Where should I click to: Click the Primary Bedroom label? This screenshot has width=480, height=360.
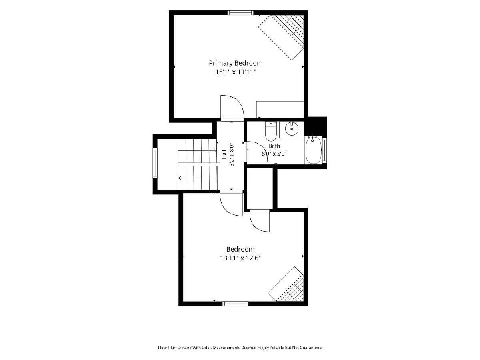point(236,63)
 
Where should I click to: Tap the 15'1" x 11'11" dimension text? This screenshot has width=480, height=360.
point(236,72)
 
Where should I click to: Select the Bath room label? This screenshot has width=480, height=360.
point(274,146)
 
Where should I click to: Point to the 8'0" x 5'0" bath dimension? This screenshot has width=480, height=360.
point(274,154)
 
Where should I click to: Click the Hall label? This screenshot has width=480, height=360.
point(224,154)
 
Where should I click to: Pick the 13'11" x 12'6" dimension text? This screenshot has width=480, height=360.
point(240,258)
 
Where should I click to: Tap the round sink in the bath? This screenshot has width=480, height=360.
point(292,129)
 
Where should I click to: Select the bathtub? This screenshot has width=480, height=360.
point(313,150)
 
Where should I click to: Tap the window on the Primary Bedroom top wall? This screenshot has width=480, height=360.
point(240,13)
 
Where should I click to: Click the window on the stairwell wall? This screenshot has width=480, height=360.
point(155,163)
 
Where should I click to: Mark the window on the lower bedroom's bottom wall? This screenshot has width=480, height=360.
point(235,304)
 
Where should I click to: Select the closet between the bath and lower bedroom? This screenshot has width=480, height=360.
point(260,188)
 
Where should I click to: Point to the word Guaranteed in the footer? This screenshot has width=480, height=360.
point(310,348)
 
